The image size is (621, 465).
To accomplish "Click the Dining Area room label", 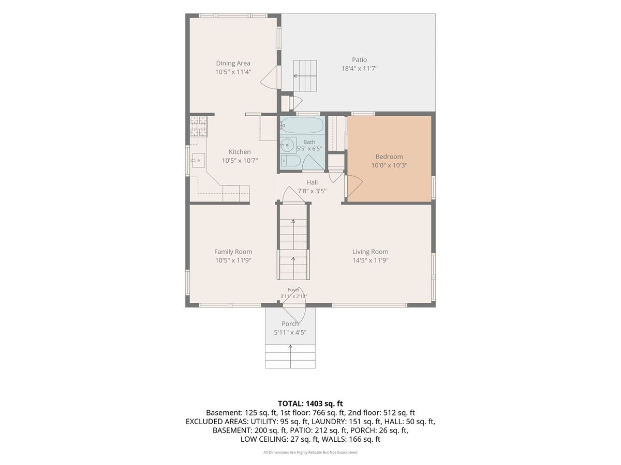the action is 233,63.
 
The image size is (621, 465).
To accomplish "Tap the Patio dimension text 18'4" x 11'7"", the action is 359,68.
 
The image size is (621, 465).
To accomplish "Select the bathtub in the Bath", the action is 302,125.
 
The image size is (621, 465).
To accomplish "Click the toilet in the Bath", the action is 290,161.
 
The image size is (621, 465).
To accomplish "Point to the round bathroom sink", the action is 288,145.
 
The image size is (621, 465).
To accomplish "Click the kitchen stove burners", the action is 198,127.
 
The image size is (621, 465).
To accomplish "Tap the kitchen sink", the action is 198,160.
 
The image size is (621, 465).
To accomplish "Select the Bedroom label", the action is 389,157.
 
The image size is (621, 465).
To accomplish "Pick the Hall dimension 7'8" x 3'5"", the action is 312,191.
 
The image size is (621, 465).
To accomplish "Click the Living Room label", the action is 370,252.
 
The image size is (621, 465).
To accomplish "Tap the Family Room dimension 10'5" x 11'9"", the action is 233,260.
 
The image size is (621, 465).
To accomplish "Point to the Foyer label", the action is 293,290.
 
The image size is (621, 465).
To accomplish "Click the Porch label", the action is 290,324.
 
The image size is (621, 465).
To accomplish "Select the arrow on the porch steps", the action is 290,357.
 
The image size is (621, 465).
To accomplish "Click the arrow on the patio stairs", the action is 300,75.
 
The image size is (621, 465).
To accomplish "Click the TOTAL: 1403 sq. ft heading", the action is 310,404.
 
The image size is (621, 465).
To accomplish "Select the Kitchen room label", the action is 240,152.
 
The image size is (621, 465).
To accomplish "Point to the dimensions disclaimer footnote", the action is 310,452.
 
